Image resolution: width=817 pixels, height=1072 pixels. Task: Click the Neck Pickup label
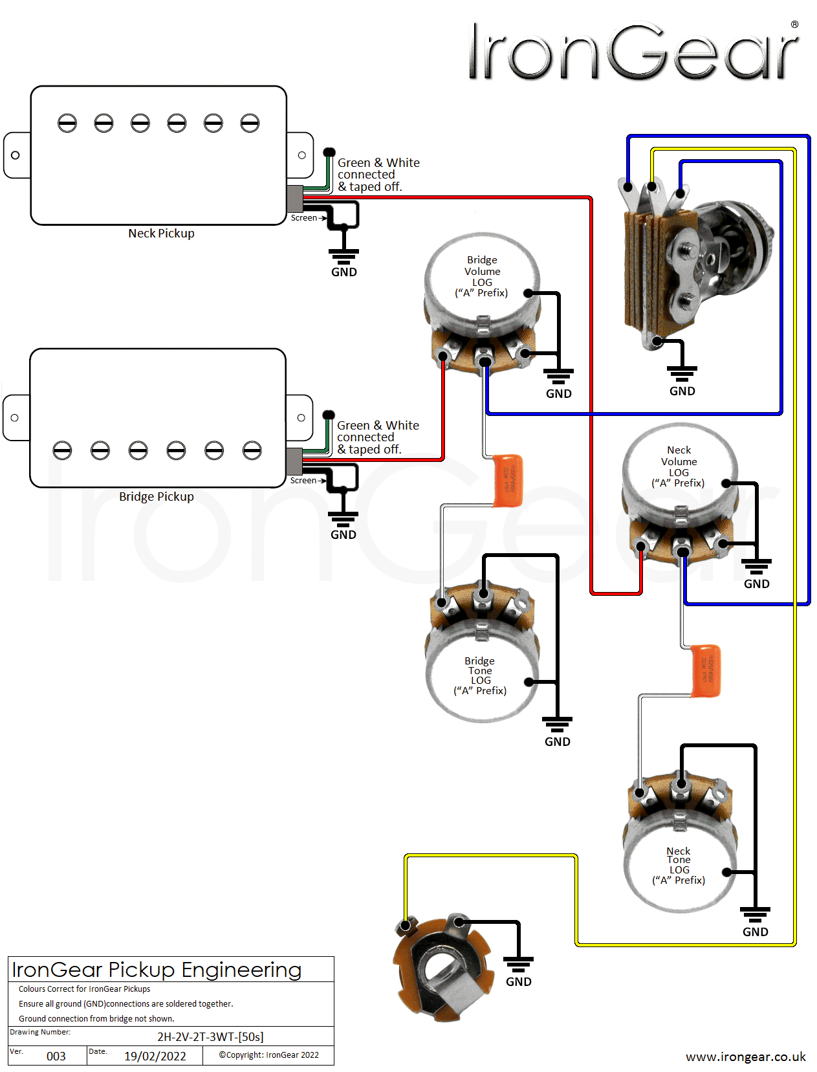point(161,234)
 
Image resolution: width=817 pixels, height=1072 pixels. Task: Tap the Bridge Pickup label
point(157,497)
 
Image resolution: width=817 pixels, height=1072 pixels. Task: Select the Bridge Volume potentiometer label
point(482,276)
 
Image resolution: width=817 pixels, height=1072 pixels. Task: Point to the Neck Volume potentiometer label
point(679,466)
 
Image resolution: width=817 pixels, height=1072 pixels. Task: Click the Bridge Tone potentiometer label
point(480,675)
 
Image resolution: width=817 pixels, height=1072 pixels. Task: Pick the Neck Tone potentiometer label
point(679,866)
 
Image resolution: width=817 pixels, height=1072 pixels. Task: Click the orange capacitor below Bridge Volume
point(508,480)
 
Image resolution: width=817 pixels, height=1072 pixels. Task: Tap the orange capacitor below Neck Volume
point(705,670)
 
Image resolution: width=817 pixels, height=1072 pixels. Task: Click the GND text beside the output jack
point(519,982)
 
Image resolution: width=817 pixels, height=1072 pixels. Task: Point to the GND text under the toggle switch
point(682,391)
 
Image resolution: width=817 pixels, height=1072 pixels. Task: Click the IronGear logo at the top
point(633,52)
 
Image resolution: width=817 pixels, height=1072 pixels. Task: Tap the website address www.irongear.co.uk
point(745,1056)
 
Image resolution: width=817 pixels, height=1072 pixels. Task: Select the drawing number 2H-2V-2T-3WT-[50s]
point(210,1036)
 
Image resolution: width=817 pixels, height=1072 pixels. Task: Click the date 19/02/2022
point(155,1056)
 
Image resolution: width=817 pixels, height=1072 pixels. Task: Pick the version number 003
point(56,1056)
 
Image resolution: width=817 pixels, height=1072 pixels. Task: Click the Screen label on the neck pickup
point(303,218)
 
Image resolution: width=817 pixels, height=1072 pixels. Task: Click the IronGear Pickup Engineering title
point(157,969)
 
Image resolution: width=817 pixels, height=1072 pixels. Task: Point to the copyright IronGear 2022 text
point(268,1055)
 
